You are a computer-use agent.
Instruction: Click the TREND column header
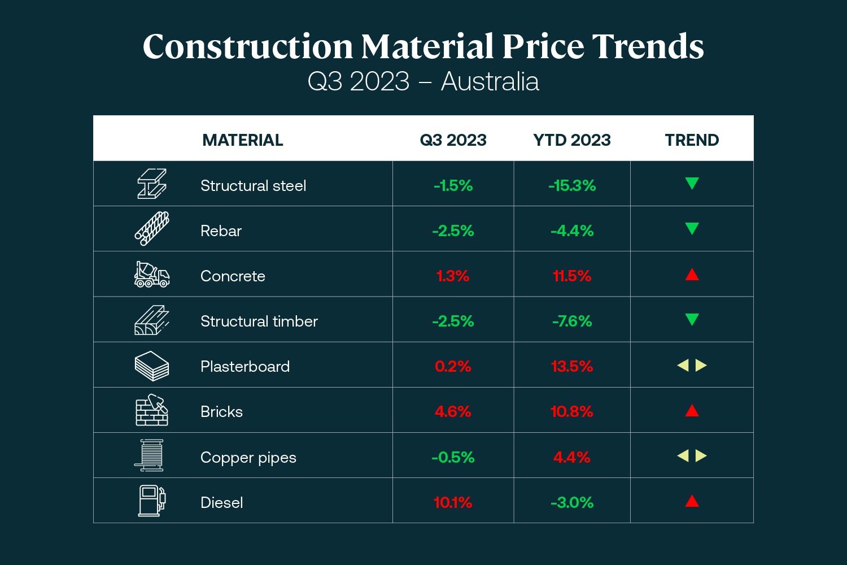[692, 140]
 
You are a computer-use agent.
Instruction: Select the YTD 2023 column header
[572, 140]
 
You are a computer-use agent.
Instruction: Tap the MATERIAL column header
[243, 140]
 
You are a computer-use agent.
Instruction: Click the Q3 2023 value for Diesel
[453, 502]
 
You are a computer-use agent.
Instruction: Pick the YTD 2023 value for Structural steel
[572, 185]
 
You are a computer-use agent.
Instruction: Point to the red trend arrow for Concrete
[692, 275]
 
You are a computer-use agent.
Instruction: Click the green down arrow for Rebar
[692, 228]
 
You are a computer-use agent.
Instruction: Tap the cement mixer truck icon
[152, 275]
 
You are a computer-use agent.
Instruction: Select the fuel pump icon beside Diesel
[152, 501]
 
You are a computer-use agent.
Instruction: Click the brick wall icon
[152, 410]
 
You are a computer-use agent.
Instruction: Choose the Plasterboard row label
[245, 366]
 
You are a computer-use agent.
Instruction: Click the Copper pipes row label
[248, 457]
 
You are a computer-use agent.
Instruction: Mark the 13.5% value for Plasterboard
[572, 366]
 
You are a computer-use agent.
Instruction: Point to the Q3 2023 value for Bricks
[453, 411]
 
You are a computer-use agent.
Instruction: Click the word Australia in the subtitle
[490, 82]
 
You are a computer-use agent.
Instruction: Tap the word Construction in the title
[247, 46]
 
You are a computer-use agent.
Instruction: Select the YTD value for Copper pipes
[572, 457]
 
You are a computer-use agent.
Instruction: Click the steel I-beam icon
[152, 184]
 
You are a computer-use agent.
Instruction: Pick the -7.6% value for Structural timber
[572, 321]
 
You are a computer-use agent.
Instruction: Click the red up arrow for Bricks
[692, 411]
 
